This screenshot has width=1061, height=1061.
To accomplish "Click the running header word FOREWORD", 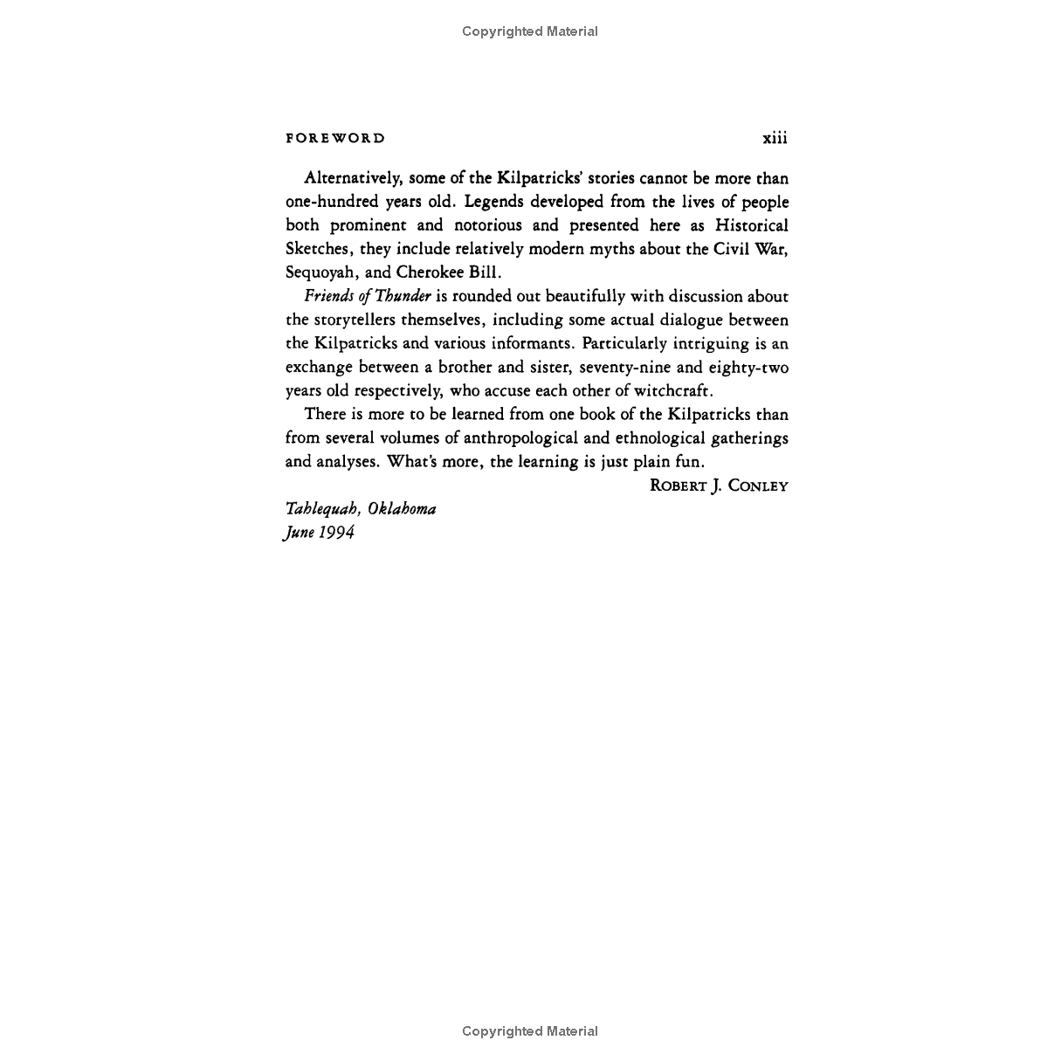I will point(334,138).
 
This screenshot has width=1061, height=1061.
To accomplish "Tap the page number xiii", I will point(775,138).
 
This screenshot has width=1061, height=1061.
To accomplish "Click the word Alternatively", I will point(353,179).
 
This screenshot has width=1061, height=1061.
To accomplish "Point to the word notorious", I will point(488,225).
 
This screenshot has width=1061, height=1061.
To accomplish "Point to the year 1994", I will point(336,533).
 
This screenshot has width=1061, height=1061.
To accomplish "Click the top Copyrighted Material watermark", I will point(530,31).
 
